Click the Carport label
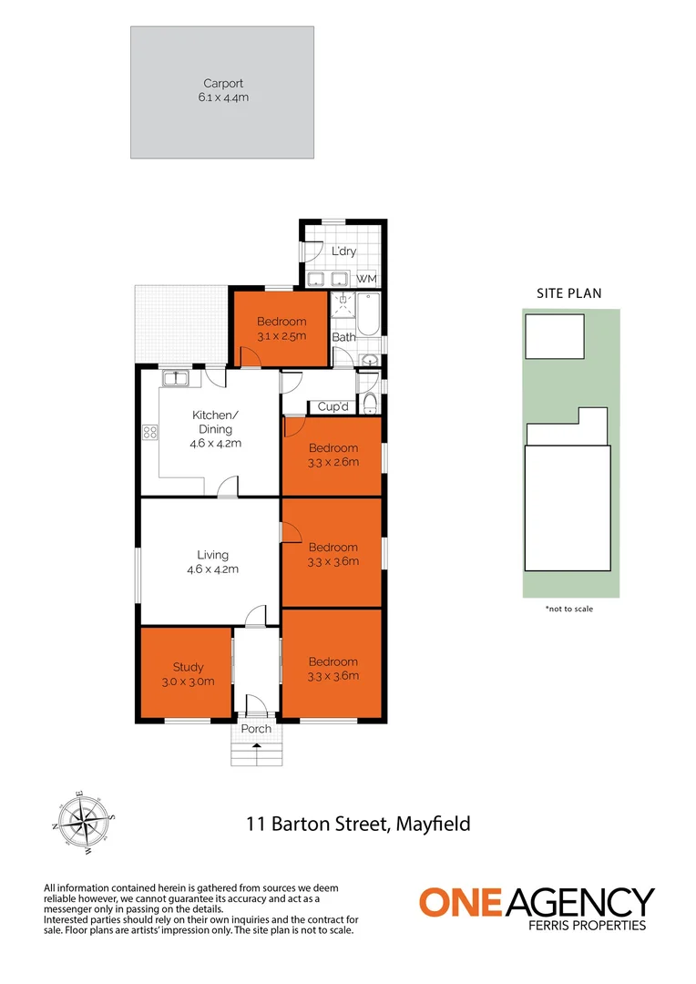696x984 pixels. click(x=222, y=84)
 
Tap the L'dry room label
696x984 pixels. click(x=343, y=251)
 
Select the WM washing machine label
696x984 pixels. click(x=366, y=278)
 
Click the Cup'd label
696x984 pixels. click(x=333, y=407)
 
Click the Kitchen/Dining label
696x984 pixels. click(x=212, y=422)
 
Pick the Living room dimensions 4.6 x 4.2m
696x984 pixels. click(x=214, y=569)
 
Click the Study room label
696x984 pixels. click(x=189, y=667)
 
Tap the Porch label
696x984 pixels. click(x=256, y=729)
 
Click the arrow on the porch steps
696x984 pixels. click(x=256, y=745)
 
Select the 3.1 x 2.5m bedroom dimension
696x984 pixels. click(x=281, y=335)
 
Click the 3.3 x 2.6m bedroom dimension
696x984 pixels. click(x=333, y=462)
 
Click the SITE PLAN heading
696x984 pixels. click(x=568, y=293)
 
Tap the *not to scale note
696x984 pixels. click(x=568, y=609)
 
